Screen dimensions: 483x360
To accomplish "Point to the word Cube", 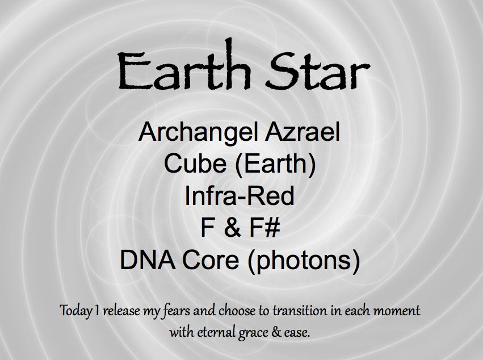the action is tap(195, 164).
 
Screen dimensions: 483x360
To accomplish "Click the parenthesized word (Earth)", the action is tap(275, 164).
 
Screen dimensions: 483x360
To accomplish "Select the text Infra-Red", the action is tap(240, 196).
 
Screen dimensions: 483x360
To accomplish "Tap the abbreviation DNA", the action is tap(148, 259).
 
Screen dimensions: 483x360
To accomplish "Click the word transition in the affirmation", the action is tap(300, 311).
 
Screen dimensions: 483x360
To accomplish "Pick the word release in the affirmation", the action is tap(121, 311).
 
